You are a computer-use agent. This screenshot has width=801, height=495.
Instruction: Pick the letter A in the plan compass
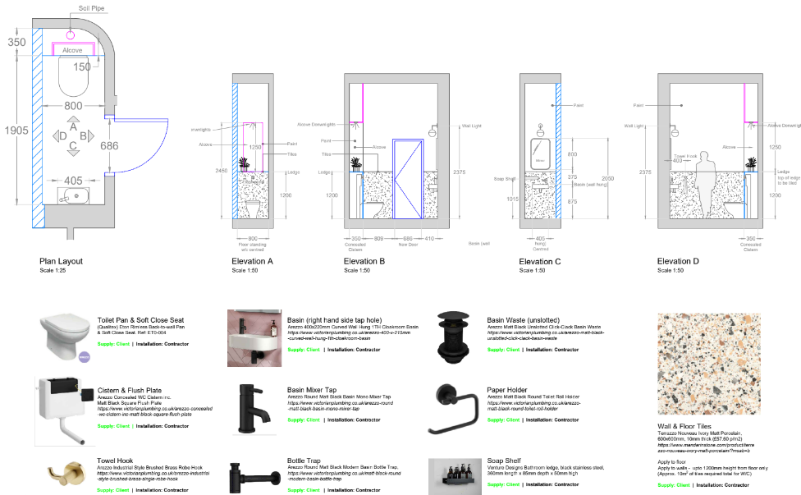tap(73, 127)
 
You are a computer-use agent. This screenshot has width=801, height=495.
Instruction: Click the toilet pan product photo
tap(66, 337)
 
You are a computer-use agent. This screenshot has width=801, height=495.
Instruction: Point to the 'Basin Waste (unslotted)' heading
tap(527, 321)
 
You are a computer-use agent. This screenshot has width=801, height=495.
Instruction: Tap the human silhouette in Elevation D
tap(703, 186)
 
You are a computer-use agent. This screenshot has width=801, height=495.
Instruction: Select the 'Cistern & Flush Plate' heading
tap(130, 388)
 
